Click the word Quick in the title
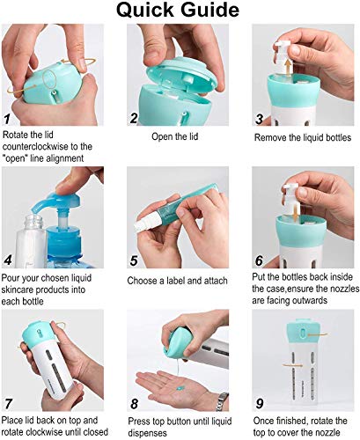point(145,11)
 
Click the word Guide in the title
point(210,10)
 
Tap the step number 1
point(7,119)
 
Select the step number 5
point(134,260)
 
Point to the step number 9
point(260,403)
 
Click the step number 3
point(260,119)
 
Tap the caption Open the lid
point(175,136)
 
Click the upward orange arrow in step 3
point(289,66)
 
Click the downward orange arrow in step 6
point(296,213)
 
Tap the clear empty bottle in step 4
point(31,241)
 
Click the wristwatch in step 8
point(222,401)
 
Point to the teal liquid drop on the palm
point(180,388)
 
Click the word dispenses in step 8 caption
point(148,433)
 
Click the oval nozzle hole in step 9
point(303,333)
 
